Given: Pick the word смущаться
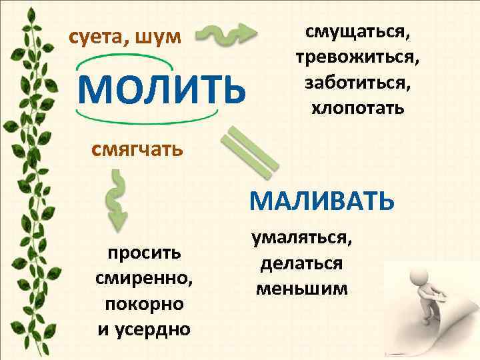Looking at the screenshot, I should point(357,33).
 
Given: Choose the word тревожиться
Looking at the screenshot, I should point(357,58).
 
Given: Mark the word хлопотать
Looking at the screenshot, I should point(357,108).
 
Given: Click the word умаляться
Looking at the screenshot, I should point(301,239).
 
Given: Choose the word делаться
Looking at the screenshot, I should point(301,264).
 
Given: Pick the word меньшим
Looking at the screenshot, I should point(301,289).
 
